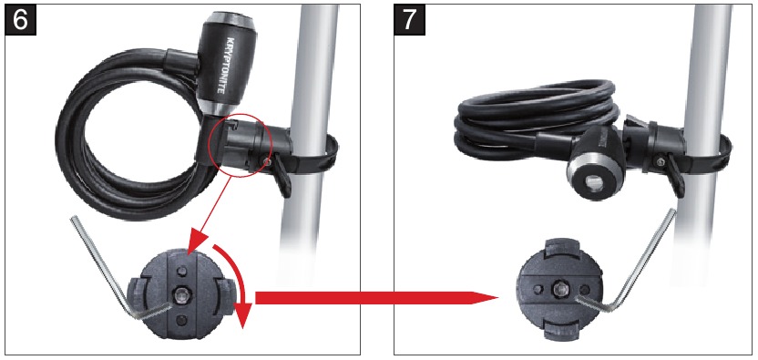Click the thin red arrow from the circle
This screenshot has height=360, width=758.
tap(206, 214)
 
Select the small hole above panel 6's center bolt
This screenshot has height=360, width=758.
tap(184, 271)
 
